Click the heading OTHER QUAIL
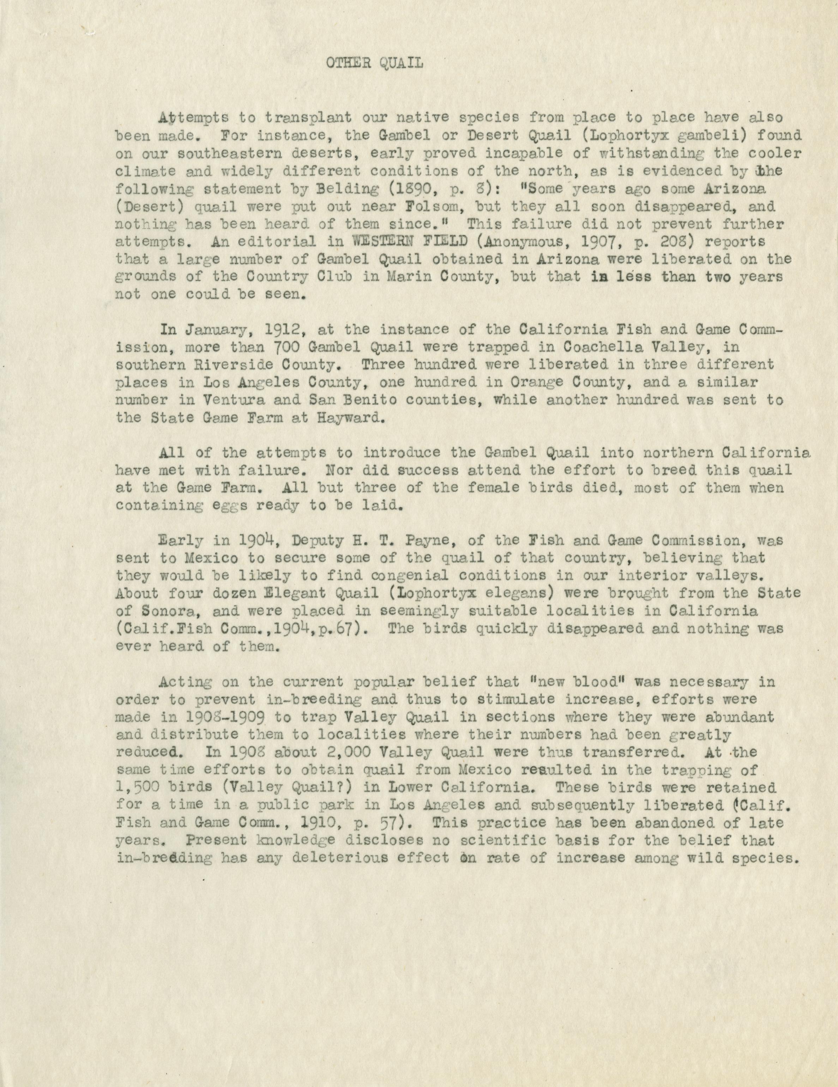(374, 64)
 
